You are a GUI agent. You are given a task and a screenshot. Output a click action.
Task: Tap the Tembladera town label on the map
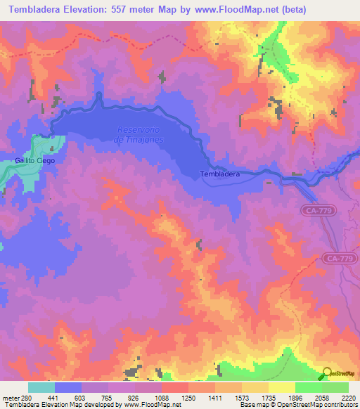pyautogui.click(x=219, y=174)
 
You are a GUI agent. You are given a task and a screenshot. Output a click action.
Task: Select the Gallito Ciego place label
pyautogui.click(x=34, y=160)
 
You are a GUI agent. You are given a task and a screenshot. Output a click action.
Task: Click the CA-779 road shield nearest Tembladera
pyautogui.click(x=321, y=211)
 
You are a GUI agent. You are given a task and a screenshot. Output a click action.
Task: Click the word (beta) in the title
pyautogui.click(x=338, y=11)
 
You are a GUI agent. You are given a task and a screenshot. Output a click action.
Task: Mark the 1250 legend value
pyautogui.click(x=189, y=397)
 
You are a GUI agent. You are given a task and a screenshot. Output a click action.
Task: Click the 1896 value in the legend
pyautogui.click(x=296, y=397)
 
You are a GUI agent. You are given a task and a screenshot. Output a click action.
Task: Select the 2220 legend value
pyautogui.click(x=349, y=397)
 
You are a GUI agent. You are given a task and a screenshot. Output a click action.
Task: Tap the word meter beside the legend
pyautogui.click(x=11, y=397)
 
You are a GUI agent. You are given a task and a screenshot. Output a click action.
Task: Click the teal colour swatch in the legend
pyautogui.click(x=41, y=387)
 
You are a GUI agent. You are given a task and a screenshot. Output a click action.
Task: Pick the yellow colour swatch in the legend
pyautogui.click(x=282, y=387)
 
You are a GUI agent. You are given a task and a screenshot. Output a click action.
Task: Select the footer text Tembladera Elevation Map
pyautogui.click(x=42, y=404)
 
